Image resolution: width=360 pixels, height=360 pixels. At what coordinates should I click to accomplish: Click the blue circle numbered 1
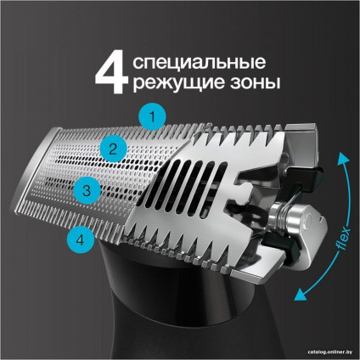[152, 115]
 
